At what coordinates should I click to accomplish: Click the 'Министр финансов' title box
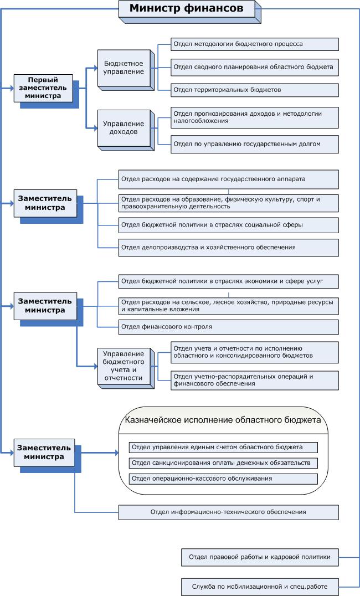(x=186, y=8)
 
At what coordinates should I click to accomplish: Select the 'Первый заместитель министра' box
(x=43, y=88)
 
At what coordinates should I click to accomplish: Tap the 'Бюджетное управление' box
(x=124, y=68)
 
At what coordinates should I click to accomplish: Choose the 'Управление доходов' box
(x=124, y=128)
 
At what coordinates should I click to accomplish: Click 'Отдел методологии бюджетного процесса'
(x=254, y=44)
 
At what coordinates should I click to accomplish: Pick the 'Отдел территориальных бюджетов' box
(x=254, y=90)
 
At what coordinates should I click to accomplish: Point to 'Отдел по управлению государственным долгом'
(x=254, y=144)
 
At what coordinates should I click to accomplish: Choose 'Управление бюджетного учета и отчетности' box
(x=124, y=366)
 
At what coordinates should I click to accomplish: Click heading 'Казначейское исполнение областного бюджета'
(x=223, y=420)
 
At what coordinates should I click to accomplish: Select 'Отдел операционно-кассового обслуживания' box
(x=223, y=478)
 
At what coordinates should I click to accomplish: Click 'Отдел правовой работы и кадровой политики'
(x=259, y=557)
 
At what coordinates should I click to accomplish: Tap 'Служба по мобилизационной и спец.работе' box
(x=259, y=586)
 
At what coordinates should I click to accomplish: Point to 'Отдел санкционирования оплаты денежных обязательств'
(x=223, y=463)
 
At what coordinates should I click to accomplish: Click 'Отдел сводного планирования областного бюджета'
(x=254, y=67)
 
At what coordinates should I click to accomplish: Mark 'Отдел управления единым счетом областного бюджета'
(x=223, y=447)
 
